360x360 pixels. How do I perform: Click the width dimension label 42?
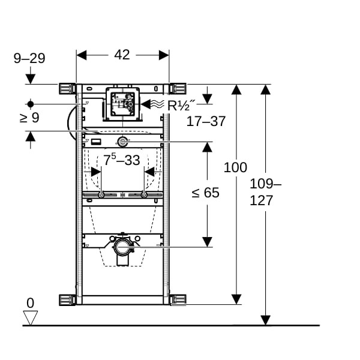(x=122, y=55)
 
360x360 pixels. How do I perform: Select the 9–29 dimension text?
(x=29, y=58)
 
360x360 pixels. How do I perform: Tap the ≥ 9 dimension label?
(x=29, y=118)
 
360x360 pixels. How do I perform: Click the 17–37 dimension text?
(x=206, y=121)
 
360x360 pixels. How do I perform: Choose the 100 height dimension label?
(x=235, y=167)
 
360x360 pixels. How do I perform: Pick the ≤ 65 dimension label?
(x=205, y=193)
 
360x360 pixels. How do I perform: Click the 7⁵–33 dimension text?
(x=121, y=160)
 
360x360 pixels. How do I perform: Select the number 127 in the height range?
(x=261, y=200)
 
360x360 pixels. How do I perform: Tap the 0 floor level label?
(x=31, y=303)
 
